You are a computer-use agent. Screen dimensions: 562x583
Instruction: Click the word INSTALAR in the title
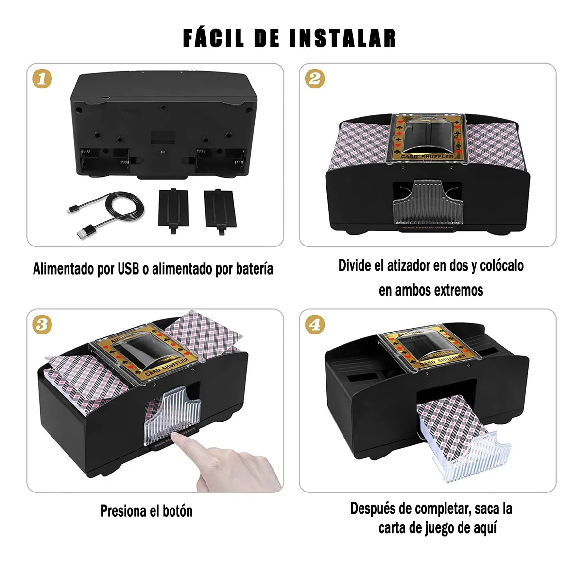343,38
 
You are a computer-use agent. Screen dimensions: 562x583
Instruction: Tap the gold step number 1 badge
42,79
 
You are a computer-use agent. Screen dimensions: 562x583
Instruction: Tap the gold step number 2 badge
315,79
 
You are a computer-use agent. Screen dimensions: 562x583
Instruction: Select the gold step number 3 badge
42,324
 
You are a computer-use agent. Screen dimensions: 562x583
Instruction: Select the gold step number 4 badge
315,324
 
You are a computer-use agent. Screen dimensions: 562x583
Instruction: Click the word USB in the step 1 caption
128,269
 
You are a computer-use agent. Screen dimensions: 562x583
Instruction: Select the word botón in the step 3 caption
177,511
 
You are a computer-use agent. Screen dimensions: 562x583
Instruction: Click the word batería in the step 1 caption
254,269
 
